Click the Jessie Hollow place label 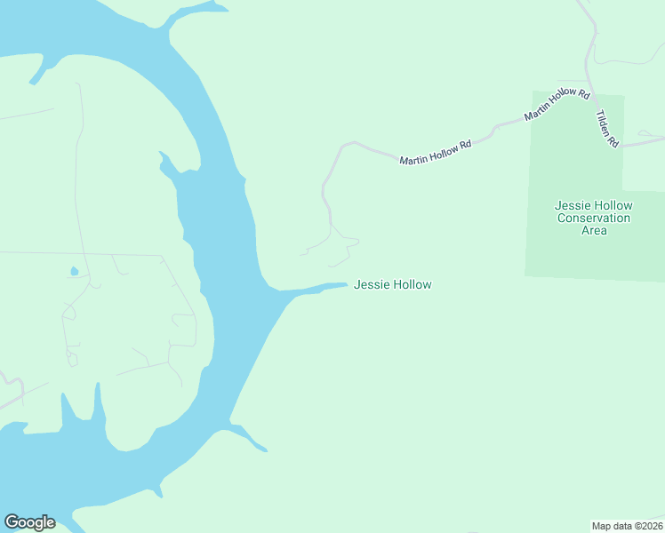(392, 284)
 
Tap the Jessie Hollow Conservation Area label (593, 218)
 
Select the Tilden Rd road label (607, 129)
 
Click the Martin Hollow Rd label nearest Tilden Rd (557, 105)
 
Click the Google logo (29, 522)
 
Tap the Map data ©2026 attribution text (627, 526)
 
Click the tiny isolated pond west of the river (74, 272)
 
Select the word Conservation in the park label (593, 218)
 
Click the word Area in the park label (593, 230)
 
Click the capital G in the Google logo (12, 522)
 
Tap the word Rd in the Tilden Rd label (613, 139)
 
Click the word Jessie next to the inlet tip (370, 284)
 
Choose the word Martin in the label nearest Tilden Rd (538, 113)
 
